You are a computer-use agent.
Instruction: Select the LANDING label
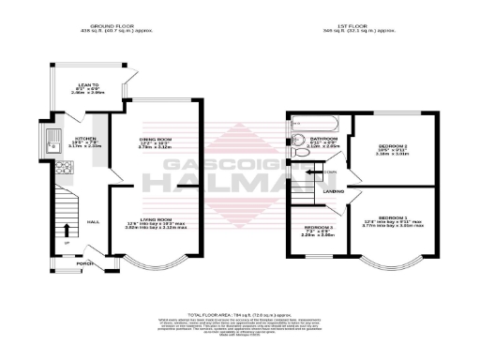332,192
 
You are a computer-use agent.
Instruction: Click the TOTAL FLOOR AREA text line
239,312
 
